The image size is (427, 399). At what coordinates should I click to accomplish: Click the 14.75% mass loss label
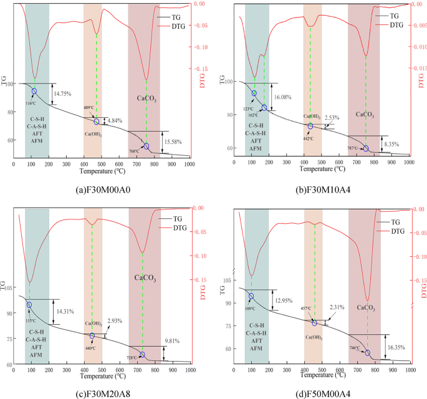click(x=62, y=94)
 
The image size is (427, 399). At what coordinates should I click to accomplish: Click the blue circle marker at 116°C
click(x=34, y=91)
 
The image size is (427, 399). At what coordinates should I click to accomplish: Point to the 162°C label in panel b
click(x=252, y=115)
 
